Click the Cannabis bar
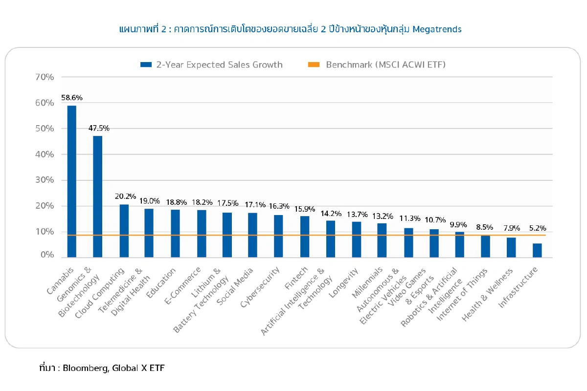click(x=71, y=181)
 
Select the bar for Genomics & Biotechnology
click(x=97, y=196)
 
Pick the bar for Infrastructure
click(x=537, y=250)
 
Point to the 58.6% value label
click(x=71, y=97)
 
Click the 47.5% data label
click(x=99, y=128)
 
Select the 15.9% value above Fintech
click(x=304, y=209)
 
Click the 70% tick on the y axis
click(x=45, y=77)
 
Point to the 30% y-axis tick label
click(x=45, y=180)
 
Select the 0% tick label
click(x=47, y=255)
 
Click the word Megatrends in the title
click(x=437, y=29)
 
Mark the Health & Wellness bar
click(x=511, y=247)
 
